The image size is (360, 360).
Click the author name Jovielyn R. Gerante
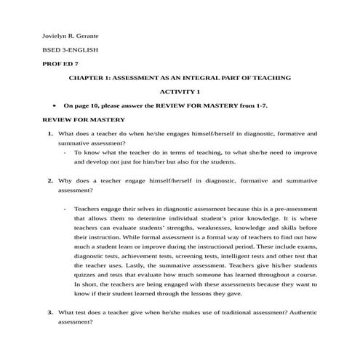coord(71,35)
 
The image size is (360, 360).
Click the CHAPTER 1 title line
coord(180,77)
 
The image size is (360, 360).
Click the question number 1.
coord(49,134)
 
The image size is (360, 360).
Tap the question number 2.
coord(49,180)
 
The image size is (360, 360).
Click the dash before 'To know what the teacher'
coord(65,153)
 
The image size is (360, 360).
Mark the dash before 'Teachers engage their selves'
coord(65,209)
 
